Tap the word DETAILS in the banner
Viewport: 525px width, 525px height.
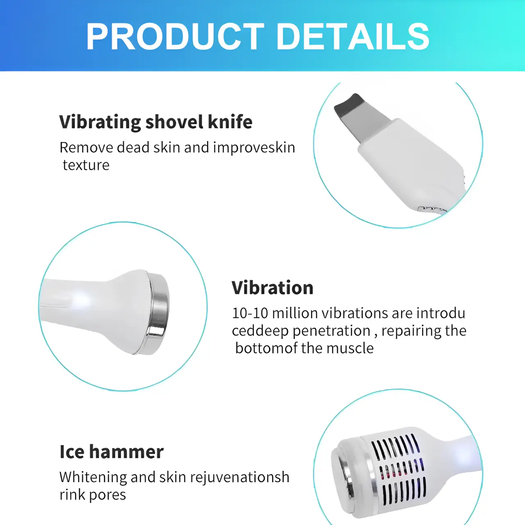pos(353,37)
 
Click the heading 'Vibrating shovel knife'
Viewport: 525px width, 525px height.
pos(156,122)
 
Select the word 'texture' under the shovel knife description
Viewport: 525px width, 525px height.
pos(86,165)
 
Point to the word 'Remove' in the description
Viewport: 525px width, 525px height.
pos(86,148)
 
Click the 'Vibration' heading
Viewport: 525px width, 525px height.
pos(272,288)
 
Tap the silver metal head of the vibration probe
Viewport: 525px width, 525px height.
pos(158,312)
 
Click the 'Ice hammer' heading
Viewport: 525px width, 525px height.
pos(112,452)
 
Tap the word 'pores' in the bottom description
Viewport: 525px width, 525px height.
pos(107,495)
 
